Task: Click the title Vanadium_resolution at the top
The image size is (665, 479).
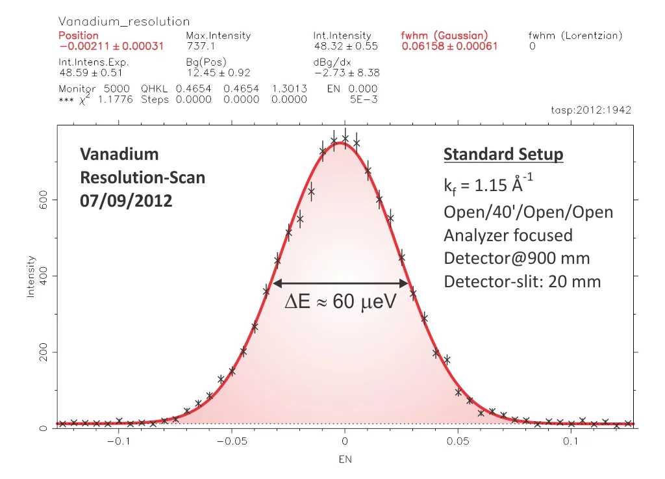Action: (124, 23)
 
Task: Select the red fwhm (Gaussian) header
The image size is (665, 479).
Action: (445, 36)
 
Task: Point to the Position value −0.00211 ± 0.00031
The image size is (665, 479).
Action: (111, 47)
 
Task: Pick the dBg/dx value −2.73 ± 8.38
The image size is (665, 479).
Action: (346, 73)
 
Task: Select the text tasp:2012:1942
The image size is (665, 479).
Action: (590, 110)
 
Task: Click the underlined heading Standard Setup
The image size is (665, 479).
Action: (503, 155)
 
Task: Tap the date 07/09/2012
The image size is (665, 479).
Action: (126, 201)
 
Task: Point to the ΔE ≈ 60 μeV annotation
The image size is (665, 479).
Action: (340, 302)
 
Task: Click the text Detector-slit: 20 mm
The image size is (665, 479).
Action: (522, 282)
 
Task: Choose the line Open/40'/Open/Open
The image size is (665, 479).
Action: (528, 213)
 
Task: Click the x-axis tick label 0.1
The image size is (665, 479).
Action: (570, 442)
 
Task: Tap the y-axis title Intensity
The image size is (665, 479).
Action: (31, 276)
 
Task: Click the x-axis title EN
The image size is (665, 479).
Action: (344, 460)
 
